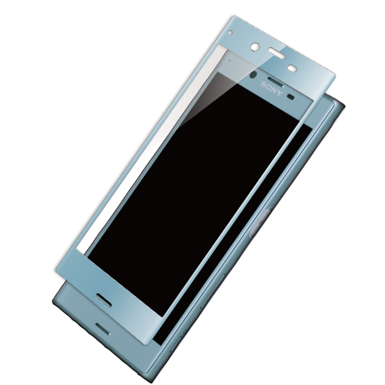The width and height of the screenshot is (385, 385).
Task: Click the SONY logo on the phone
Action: [272, 89]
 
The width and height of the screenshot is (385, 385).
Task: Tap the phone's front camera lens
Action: [253, 75]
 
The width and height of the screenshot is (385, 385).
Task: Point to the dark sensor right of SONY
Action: [291, 96]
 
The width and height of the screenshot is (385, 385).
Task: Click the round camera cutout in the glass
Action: [255, 47]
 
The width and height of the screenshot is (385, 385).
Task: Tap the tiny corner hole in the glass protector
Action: [230, 32]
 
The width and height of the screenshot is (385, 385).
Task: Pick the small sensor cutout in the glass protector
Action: [292, 69]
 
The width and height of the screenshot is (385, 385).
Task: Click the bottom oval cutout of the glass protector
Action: [103, 300]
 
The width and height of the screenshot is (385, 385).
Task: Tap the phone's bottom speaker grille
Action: [103, 329]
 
